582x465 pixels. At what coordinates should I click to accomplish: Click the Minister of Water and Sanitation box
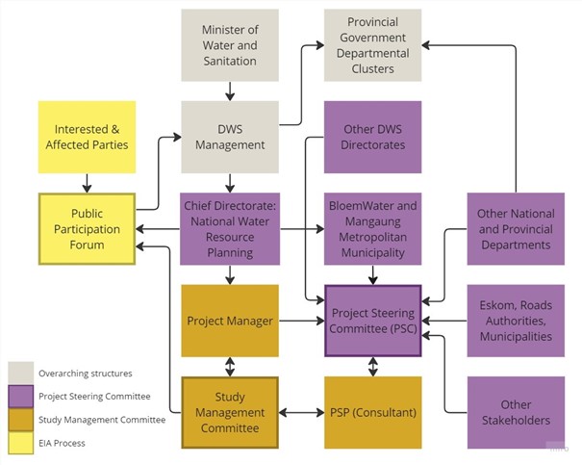tap(229, 45)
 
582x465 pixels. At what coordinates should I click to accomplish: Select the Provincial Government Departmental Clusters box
tap(372, 45)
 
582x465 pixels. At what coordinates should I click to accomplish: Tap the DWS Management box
tap(229, 137)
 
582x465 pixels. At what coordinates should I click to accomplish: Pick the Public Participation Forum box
tap(87, 229)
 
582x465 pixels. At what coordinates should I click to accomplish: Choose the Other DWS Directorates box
tap(372, 137)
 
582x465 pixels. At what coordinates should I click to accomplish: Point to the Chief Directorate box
tap(229, 229)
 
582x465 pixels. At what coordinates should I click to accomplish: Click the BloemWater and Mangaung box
tap(372, 229)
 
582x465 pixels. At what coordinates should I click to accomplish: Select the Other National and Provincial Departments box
tap(515, 229)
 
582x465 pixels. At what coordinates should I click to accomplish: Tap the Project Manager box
tap(229, 321)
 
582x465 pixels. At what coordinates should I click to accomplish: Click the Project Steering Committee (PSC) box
tap(372, 321)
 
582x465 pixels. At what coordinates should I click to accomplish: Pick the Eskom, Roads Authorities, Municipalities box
tap(515, 321)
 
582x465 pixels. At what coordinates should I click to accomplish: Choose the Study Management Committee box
tap(229, 412)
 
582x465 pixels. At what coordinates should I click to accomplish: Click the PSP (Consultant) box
tap(372, 412)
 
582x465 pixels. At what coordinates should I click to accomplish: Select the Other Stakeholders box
tap(515, 412)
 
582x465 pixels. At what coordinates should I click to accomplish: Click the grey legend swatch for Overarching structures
tap(20, 373)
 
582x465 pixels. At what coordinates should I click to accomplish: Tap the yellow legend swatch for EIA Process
tap(20, 442)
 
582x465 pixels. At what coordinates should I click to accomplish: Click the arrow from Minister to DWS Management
tap(229, 90)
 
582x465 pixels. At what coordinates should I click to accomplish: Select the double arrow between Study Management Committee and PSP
tap(301, 413)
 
